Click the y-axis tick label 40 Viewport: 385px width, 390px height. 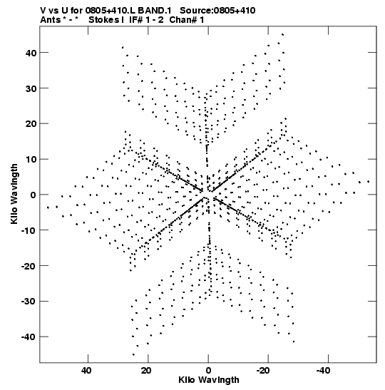pyautogui.click(x=31, y=53)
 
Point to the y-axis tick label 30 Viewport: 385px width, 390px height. pyautogui.click(x=31, y=88)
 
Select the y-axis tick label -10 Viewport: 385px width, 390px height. pyautogui.click(x=29, y=230)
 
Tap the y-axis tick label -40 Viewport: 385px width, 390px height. pyautogui.click(x=29, y=337)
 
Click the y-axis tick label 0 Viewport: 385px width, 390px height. pyautogui.click(x=34, y=195)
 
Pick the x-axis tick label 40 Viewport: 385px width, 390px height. pyautogui.click(x=86, y=371)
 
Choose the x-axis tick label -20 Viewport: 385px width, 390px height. pyautogui.click(x=263, y=371)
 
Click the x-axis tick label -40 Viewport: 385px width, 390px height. pyautogui.click(x=323, y=371)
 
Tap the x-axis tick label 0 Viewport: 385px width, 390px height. pyautogui.click(x=208, y=371)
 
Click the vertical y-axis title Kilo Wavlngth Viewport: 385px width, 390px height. pyautogui.click(x=14, y=194)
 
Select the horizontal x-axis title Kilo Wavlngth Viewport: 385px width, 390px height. pyautogui.click(x=209, y=380)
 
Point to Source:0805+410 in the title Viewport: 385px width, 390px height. pyautogui.click(x=217, y=11)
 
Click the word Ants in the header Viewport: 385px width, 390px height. pyautogui.click(x=51, y=20)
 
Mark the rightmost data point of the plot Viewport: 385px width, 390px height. pyautogui.click(x=369, y=182)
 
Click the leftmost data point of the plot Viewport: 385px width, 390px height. pyautogui.click(x=48, y=207)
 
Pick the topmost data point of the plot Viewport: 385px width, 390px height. pyautogui.click(x=282, y=34)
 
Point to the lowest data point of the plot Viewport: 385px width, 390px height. pyautogui.click(x=133, y=354)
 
